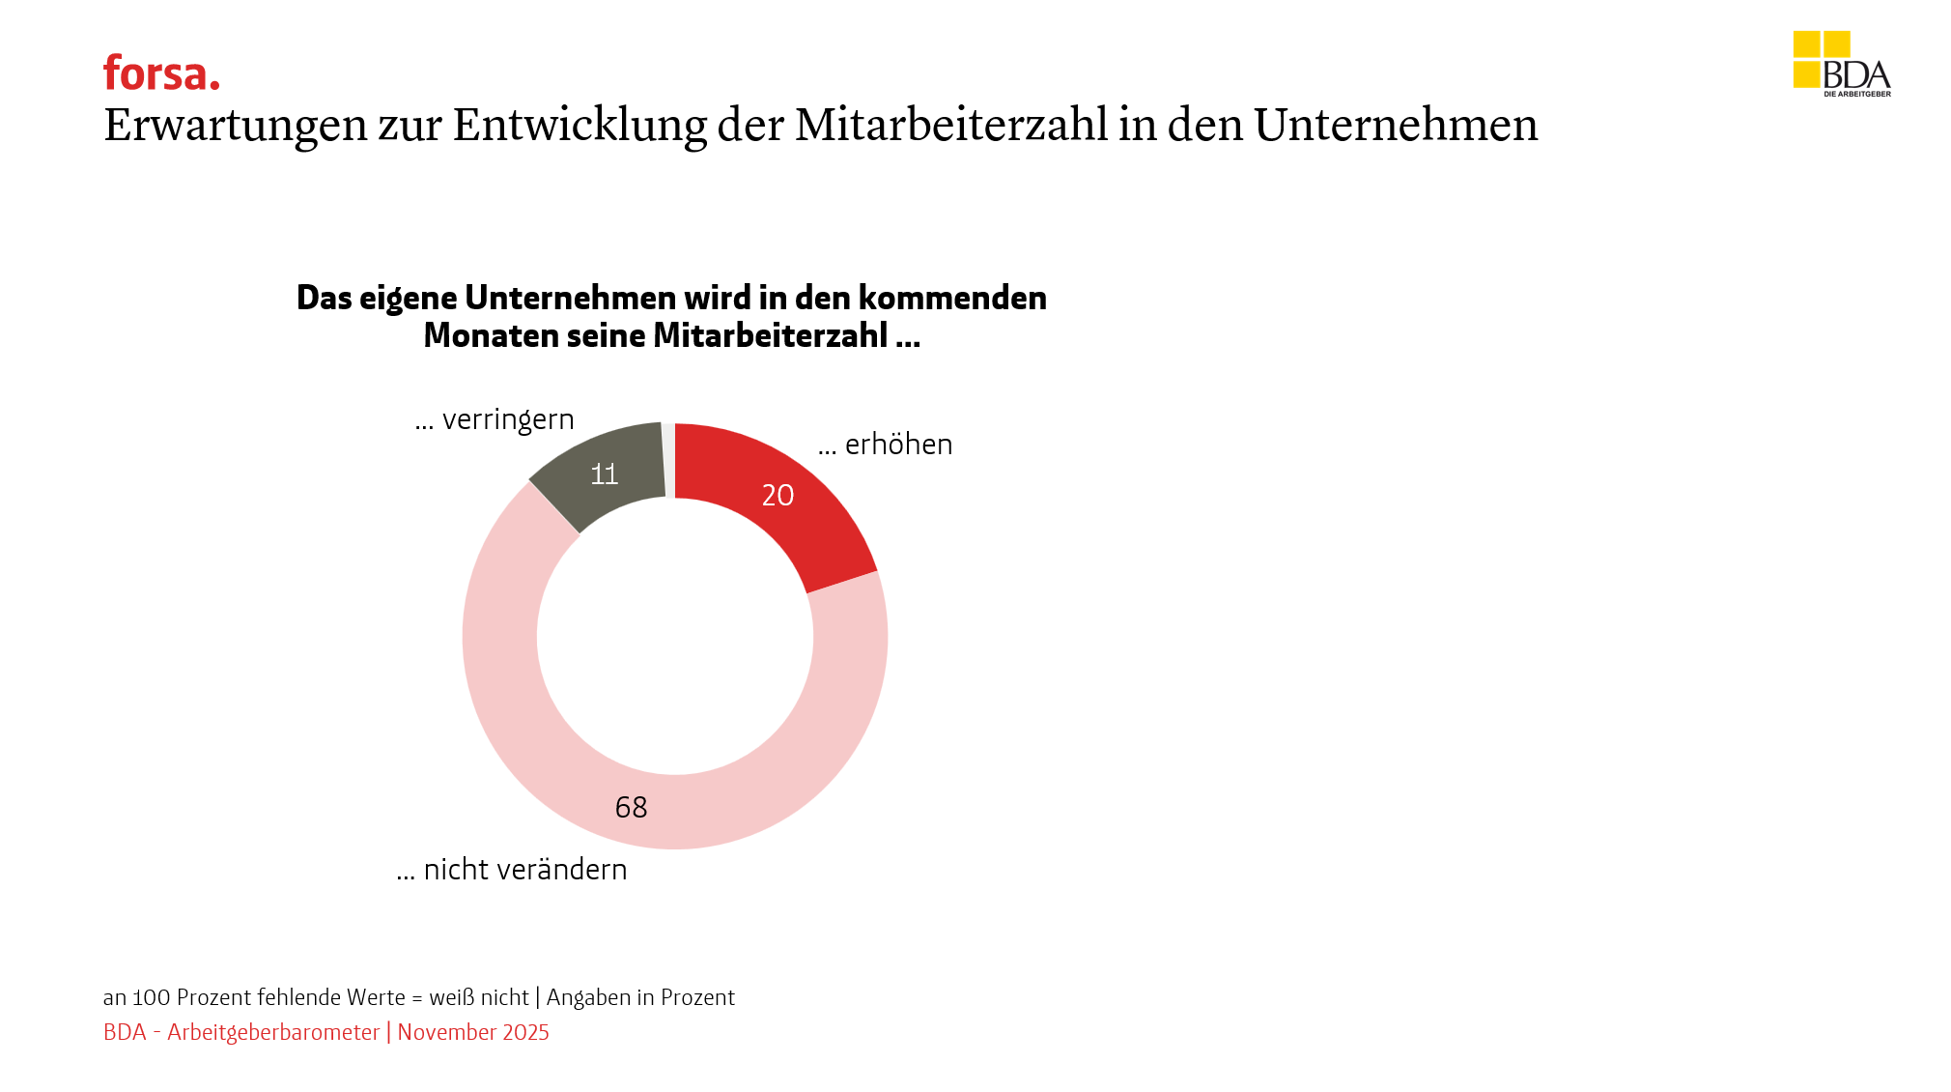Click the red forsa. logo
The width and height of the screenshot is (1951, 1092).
(x=161, y=73)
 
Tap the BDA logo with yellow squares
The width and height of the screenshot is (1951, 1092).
(x=1841, y=64)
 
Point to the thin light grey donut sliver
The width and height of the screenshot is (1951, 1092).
(x=668, y=460)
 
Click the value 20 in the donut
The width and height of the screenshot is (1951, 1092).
(x=778, y=495)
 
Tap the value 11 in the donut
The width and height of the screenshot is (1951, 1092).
(x=605, y=474)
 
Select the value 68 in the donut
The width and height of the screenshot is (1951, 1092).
(x=631, y=807)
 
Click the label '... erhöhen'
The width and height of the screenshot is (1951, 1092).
(x=885, y=445)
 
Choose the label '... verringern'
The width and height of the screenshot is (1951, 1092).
(x=495, y=419)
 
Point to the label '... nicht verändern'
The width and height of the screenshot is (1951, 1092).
(x=512, y=870)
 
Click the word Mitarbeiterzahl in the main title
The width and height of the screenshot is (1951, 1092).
(x=951, y=126)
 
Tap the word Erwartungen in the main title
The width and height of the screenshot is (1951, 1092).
(x=236, y=126)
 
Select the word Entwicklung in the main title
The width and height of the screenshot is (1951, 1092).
(x=580, y=126)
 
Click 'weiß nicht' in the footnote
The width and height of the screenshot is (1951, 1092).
(x=479, y=997)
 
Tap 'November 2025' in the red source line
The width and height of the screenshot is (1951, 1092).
(x=473, y=1032)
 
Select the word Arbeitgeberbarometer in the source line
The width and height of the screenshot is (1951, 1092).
(x=273, y=1032)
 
